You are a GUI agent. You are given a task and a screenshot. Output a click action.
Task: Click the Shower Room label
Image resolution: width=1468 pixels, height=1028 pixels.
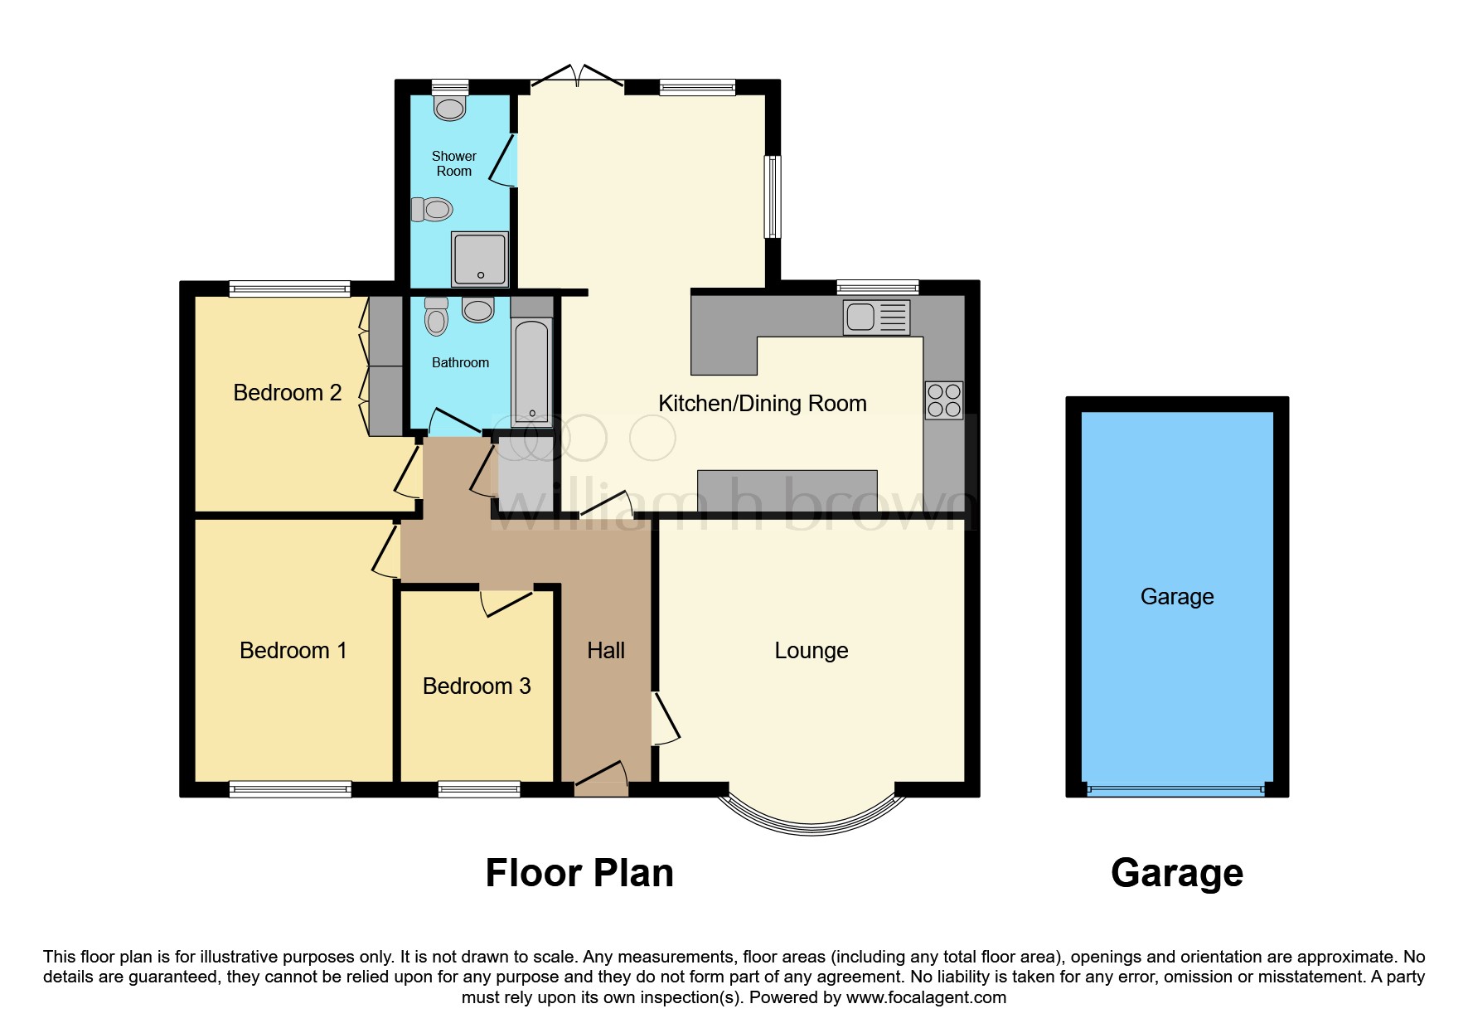tap(453, 163)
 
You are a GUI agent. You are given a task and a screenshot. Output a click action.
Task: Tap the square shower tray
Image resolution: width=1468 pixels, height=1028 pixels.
tap(480, 258)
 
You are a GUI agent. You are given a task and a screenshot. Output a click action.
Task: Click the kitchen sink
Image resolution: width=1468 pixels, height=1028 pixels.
tap(876, 318)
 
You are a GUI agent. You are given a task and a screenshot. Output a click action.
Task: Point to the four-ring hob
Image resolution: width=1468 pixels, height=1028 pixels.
tap(944, 400)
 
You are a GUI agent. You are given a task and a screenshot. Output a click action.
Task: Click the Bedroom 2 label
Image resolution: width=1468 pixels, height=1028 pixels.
tap(288, 393)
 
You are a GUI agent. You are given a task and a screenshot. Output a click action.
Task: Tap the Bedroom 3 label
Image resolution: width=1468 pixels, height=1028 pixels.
tap(477, 686)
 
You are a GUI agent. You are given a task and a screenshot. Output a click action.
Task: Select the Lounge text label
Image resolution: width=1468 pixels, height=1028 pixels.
tap(812, 651)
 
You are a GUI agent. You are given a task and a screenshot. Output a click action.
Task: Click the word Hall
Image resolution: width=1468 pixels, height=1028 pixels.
tap(606, 651)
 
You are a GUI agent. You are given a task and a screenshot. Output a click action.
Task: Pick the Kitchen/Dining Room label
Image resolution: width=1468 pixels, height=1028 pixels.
tap(763, 404)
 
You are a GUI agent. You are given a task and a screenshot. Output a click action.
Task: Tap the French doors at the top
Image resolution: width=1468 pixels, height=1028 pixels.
tap(577, 76)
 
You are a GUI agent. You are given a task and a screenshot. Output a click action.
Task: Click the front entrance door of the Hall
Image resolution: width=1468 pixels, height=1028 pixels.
tap(602, 778)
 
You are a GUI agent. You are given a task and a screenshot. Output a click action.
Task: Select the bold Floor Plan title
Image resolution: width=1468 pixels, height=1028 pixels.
tap(579, 873)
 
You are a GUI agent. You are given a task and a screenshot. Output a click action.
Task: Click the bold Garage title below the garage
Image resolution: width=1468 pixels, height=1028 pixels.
tap(1177, 874)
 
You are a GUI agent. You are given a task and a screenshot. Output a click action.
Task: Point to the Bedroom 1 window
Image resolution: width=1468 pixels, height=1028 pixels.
tap(290, 789)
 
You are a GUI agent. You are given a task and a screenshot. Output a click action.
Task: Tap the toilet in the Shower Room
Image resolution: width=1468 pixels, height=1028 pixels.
tap(432, 209)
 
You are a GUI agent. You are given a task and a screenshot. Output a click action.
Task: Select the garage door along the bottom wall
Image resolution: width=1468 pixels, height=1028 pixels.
tap(1177, 790)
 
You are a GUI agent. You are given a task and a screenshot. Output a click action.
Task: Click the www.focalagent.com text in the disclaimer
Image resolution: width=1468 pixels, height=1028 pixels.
tap(926, 997)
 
